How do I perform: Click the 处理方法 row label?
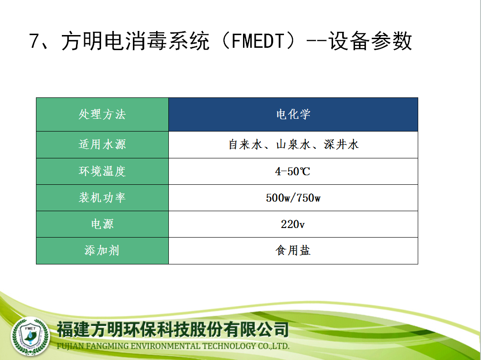[102, 115]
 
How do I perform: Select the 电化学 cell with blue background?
[293, 115]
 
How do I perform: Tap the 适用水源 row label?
[102, 145]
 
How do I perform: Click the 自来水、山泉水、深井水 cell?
[293, 145]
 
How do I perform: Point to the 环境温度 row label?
[102, 171]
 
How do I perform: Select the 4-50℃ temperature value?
[293, 171]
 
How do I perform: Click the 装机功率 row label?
[102, 198]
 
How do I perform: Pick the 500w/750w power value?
[293, 198]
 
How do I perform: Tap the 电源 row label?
[102, 224]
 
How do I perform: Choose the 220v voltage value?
[293, 224]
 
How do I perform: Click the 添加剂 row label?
[102, 250]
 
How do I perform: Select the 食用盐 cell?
[293, 250]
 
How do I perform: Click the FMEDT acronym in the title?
[258, 41]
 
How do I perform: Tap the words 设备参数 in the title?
[370, 41]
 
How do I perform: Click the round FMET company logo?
[30, 336]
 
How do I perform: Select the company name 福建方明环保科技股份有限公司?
[173, 330]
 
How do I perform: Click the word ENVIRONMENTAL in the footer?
[165, 346]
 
